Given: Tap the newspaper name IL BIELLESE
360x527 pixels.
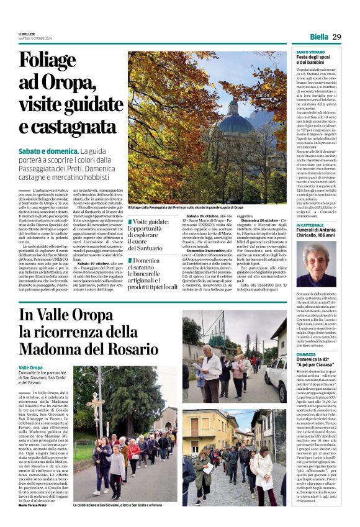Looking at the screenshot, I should coord(27,33).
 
